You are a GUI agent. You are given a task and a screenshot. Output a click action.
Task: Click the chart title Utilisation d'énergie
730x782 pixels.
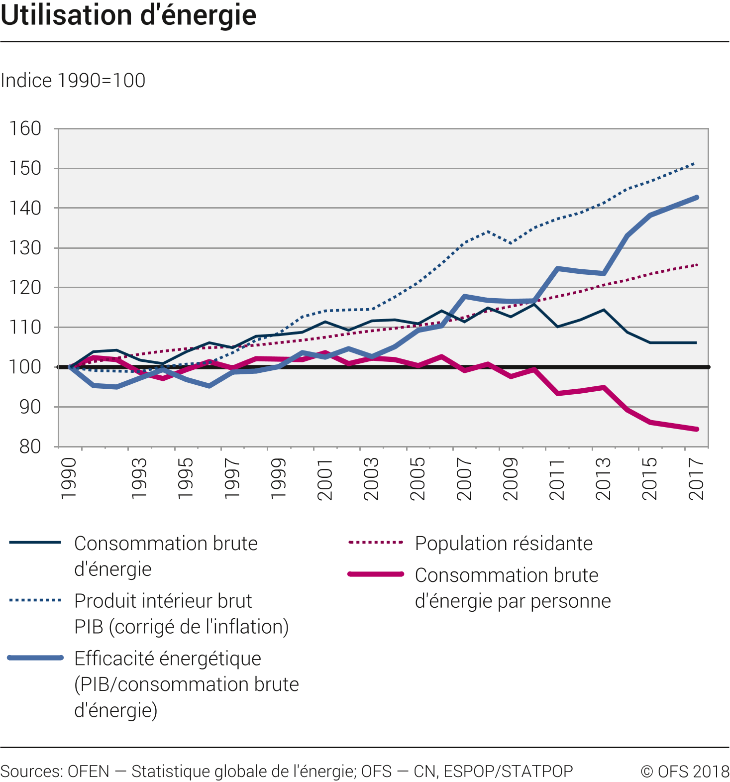[x=128, y=15]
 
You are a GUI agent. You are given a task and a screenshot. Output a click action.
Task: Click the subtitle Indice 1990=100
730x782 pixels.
[x=73, y=81]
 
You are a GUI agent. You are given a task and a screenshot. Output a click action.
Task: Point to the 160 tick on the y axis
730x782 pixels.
[x=25, y=128]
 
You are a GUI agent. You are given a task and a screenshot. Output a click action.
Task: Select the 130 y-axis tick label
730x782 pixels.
[x=25, y=248]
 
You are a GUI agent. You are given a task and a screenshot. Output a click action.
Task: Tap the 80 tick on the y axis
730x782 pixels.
[x=30, y=447]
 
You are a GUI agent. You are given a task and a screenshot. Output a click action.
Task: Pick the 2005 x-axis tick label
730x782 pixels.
[x=417, y=479]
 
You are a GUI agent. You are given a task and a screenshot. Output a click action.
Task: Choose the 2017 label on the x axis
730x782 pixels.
[x=696, y=479]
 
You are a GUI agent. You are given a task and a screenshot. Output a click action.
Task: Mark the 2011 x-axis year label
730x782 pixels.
[x=557, y=479]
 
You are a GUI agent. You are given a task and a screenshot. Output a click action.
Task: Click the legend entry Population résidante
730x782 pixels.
[x=504, y=544]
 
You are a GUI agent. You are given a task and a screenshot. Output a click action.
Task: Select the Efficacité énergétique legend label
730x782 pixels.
[x=168, y=659]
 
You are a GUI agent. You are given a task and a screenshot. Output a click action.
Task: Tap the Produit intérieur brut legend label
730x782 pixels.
[x=163, y=601]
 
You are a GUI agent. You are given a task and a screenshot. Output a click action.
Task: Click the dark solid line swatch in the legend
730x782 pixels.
[x=35, y=542]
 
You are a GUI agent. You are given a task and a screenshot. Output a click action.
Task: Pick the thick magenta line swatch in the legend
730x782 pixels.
[x=376, y=574]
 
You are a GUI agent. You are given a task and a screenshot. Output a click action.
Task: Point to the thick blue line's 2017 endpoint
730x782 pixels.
[x=696, y=198]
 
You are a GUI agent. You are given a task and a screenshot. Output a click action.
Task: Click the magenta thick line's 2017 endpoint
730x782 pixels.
[x=696, y=429]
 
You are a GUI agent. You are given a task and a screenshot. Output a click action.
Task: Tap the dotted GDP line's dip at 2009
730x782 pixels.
[x=511, y=243]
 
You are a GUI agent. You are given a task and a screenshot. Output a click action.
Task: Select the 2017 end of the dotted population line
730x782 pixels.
[x=696, y=265]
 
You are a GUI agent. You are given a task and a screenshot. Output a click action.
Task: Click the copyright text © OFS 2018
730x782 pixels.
[x=685, y=771]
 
